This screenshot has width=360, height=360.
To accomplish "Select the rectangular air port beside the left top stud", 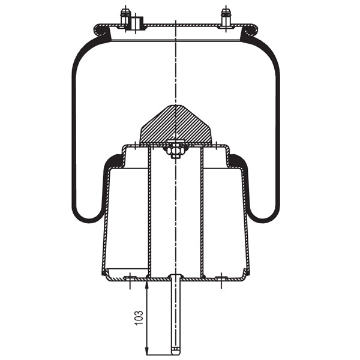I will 137,23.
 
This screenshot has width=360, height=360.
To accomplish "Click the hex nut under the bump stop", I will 175,151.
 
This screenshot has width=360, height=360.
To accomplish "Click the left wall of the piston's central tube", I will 149,210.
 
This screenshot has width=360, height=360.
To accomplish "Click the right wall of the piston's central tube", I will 202,210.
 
